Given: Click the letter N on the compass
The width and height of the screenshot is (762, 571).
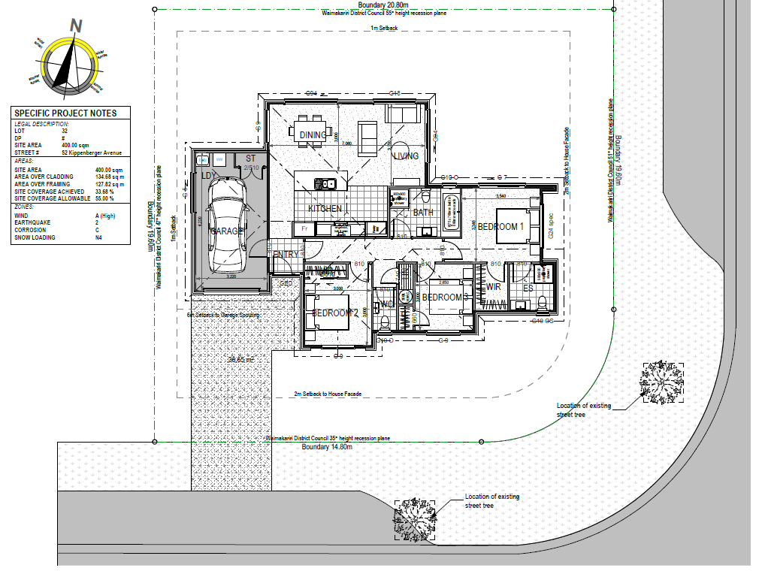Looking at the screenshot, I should [x=75, y=25].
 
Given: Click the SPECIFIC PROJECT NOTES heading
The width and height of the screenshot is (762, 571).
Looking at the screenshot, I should [x=65, y=113].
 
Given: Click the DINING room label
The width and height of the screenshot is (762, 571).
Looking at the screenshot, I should [x=313, y=135].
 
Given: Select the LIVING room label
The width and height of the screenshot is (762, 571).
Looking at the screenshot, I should [x=406, y=156].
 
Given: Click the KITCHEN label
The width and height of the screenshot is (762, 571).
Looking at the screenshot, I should [x=325, y=208].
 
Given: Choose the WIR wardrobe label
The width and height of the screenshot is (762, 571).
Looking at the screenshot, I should [x=493, y=287].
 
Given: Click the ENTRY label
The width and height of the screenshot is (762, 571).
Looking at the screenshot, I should [x=286, y=255].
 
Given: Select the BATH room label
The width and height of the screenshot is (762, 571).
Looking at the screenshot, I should [x=423, y=213].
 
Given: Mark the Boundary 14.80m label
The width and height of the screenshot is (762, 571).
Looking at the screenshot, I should [x=327, y=447].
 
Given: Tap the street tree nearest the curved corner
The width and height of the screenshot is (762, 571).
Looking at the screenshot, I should [x=663, y=382].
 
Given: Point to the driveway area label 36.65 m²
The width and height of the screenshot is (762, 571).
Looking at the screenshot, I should [x=242, y=360].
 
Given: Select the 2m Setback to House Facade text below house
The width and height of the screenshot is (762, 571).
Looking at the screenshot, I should [x=327, y=394].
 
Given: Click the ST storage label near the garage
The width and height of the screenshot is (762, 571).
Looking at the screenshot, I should [x=251, y=159].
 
